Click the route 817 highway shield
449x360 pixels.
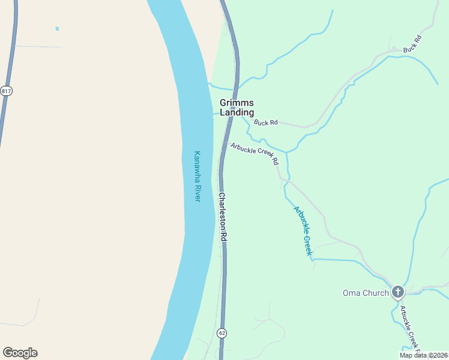coord(7,91)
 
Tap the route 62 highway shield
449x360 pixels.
coord(223,333)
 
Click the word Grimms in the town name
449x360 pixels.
coord(237,103)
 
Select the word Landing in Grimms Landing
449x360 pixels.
coord(237,112)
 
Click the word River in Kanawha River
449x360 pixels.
coord(196,192)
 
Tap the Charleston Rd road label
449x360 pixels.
coord(222,217)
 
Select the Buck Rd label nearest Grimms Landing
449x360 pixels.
coord(265,122)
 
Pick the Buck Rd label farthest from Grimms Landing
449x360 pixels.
coord(413,44)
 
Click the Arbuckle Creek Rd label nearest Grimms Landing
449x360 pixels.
coord(255,153)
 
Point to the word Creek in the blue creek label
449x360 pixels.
coord(309,245)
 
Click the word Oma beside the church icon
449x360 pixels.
coord(351,293)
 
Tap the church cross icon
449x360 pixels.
coord(397,292)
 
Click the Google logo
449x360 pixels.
coord(20,353)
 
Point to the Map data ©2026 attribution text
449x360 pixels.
coord(423,355)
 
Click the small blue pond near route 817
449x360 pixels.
coord(58,28)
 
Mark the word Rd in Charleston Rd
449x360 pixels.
coord(223,236)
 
